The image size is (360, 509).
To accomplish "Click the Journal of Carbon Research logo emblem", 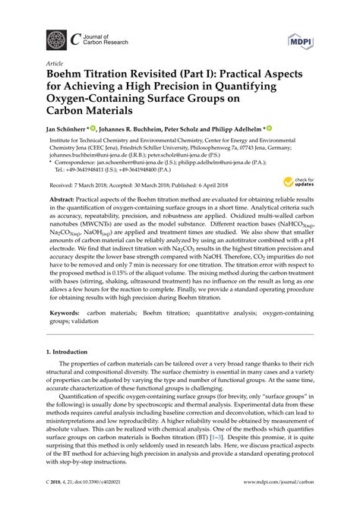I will [57, 39].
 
